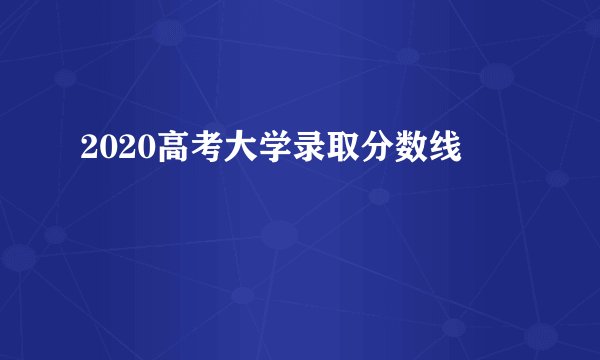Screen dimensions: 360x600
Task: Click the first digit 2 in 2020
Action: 87,149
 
